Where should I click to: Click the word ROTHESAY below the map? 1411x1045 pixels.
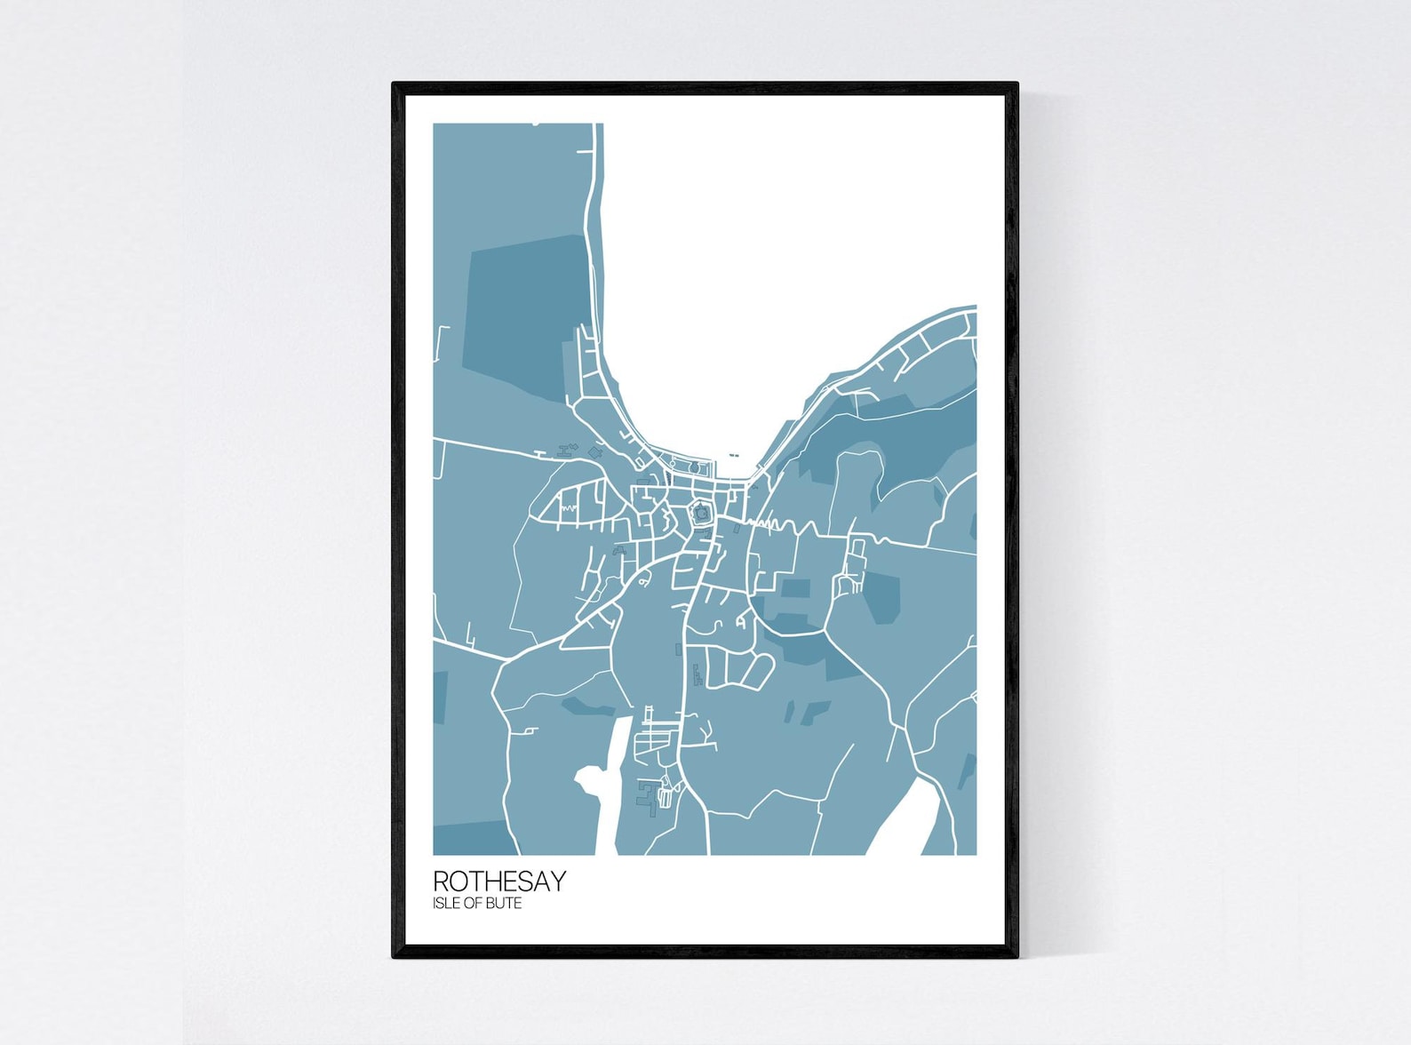pyautogui.click(x=499, y=881)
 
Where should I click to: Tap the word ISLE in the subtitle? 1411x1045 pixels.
pyautogui.click(x=445, y=903)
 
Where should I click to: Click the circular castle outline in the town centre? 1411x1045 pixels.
pyautogui.click(x=701, y=513)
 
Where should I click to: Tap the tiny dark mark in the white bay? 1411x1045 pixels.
pyautogui.click(x=733, y=456)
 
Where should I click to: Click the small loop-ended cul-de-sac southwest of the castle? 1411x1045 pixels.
pyautogui.click(x=642, y=581)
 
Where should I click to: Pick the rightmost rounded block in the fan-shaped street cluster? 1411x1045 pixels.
pyautogui.click(x=759, y=671)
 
